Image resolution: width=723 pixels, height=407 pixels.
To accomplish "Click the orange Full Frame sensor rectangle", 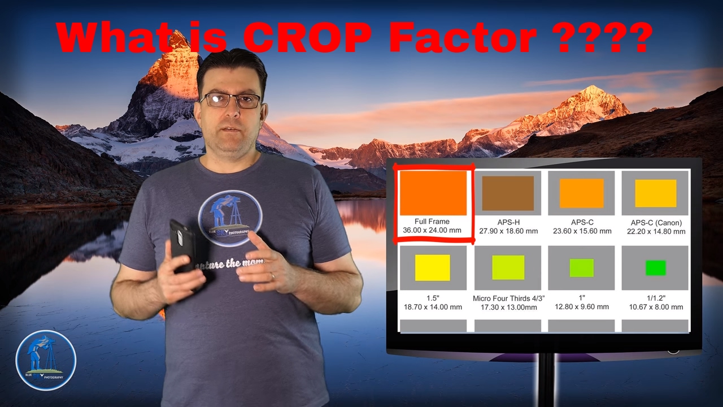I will tap(433, 193).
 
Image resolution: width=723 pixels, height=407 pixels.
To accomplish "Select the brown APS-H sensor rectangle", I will tap(508, 193).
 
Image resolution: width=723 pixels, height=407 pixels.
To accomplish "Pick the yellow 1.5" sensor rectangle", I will tap(433, 267).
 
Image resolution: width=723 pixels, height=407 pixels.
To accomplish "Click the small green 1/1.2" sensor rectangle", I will tap(656, 267).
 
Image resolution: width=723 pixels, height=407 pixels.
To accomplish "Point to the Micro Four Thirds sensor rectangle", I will tap(508, 267).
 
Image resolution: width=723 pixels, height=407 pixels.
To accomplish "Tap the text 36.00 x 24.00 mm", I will tap(432, 231).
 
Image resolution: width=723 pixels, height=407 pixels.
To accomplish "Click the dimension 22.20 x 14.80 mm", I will tap(656, 231).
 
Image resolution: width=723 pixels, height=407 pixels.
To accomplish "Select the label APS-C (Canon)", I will tap(656, 222).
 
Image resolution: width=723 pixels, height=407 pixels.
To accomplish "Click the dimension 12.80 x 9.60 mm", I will tap(581, 307).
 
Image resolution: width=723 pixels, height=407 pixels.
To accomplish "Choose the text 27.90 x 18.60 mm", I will tap(508, 231).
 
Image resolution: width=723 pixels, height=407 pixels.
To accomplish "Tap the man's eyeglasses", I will tap(230, 101).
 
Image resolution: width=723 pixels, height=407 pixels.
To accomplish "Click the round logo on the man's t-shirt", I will tap(230, 218).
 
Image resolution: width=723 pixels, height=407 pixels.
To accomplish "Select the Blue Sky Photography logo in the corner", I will tap(46, 360).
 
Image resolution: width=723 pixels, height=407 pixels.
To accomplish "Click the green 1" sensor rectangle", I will tap(581, 267).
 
